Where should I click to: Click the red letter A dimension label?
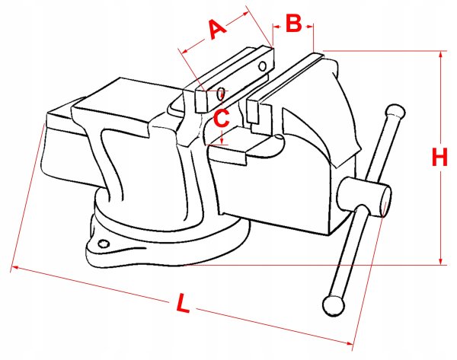click(x=218, y=29)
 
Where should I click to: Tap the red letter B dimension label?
click(x=293, y=23)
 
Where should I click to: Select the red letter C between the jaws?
click(x=222, y=118)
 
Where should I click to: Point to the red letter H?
click(x=439, y=157)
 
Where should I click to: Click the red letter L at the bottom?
click(x=184, y=303)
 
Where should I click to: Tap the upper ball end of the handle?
click(x=395, y=111)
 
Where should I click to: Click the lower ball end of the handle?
click(x=334, y=306)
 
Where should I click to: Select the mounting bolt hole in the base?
click(x=104, y=244)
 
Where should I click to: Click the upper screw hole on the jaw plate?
click(x=263, y=66)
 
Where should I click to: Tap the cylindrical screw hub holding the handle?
click(x=364, y=197)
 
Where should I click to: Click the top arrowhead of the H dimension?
click(x=441, y=55)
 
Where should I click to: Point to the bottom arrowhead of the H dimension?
click(x=441, y=261)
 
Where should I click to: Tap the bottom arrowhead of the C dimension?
click(x=222, y=142)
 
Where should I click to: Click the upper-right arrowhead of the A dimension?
click(x=245, y=14)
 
